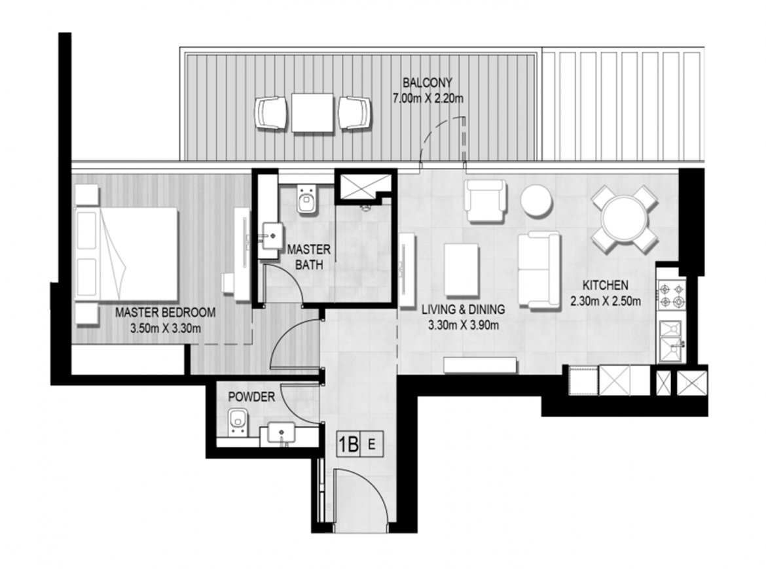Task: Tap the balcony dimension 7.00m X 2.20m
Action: (x=428, y=99)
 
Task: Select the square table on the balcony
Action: (x=312, y=112)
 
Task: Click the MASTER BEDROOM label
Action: (x=165, y=313)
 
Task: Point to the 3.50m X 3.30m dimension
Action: (x=165, y=328)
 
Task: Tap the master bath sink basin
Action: (x=271, y=236)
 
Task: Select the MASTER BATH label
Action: (x=309, y=257)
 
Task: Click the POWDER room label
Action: (x=251, y=397)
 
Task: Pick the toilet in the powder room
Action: (x=238, y=422)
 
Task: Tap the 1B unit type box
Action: (x=349, y=445)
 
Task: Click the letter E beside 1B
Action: (x=372, y=445)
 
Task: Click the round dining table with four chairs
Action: (x=624, y=218)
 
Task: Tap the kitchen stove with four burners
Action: (x=672, y=295)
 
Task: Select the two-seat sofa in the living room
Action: (x=539, y=270)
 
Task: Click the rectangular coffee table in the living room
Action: (x=462, y=270)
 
